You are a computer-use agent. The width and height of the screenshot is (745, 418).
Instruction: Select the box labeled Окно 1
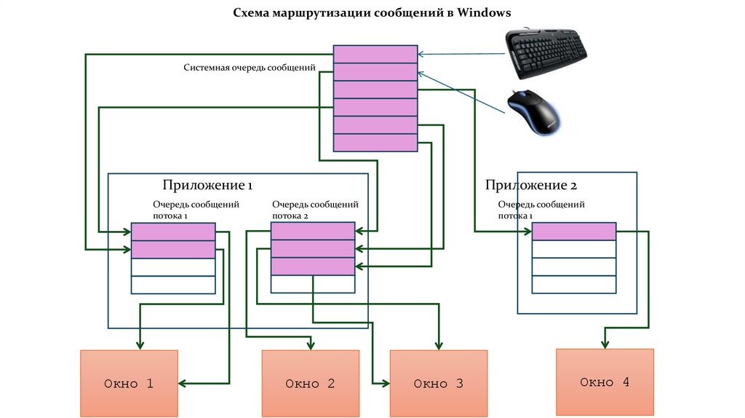click(x=129, y=384)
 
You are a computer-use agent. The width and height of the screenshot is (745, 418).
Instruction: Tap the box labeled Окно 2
click(x=310, y=384)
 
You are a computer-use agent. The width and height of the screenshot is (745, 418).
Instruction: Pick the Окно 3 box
click(x=438, y=384)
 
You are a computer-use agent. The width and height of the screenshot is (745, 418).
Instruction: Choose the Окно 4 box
click(x=605, y=382)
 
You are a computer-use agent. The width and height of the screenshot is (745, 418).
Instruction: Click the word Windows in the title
click(x=485, y=13)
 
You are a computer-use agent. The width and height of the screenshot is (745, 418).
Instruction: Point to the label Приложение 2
click(x=531, y=185)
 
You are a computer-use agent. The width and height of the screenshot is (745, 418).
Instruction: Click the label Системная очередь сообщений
click(x=249, y=68)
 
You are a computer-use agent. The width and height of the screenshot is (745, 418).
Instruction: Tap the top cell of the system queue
click(x=375, y=55)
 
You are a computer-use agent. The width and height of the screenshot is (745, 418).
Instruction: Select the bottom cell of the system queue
click(x=375, y=143)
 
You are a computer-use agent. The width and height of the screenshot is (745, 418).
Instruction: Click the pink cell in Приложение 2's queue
click(x=573, y=232)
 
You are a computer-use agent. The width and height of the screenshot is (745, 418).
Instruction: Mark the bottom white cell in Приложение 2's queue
click(x=573, y=285)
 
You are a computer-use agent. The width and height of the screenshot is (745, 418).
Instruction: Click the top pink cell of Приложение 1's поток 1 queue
click(x=173, y=232)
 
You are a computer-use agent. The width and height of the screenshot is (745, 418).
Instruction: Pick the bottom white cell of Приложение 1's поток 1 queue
click(x=173, y=285)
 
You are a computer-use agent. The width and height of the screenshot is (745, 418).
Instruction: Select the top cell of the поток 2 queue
click(x=312, y=232)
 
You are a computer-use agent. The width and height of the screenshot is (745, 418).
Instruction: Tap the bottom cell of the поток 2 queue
click(x=312, y=267)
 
